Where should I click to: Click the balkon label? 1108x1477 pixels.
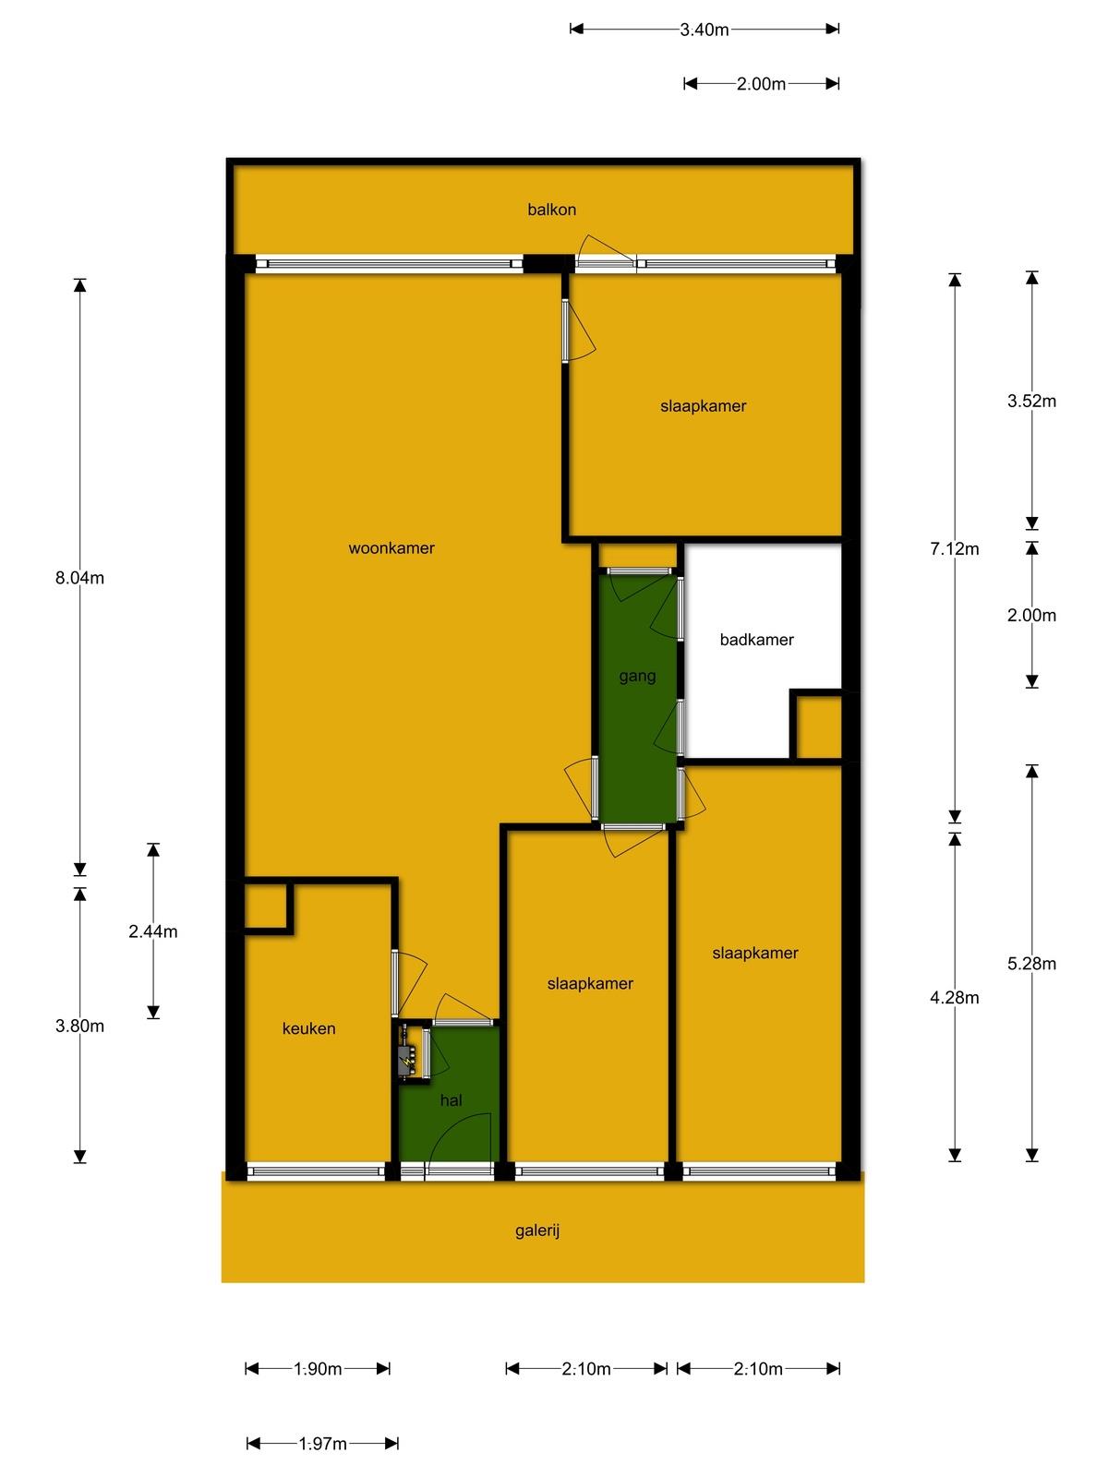[x=551, y=210]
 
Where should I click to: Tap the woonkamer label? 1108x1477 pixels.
[x=391, y=547]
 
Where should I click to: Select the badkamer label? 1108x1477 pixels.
[x=756, y=639]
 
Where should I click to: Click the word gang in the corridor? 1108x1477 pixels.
[x=637, y=677]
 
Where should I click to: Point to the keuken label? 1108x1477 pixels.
[x=308, y=1028]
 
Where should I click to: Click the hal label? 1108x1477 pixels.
[x=451, y=1100]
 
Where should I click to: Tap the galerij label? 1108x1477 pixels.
[x=537, y=1231]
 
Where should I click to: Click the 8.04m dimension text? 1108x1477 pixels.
[x=79, y=577]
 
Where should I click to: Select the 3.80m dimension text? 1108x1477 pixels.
[x=79, y=1027]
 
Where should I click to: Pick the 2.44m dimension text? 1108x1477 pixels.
[x=152, y=931]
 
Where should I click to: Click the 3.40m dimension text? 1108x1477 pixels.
[x=705, y=30]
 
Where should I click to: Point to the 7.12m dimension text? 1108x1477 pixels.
[x=954, y=548]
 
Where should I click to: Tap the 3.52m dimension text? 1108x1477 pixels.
[x=1031, y=401]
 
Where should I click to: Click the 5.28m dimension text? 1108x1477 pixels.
[x=1031, y=964]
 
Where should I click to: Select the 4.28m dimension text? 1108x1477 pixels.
[x=954, y=997]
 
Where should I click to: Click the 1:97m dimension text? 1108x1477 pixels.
[x=323, y=1444]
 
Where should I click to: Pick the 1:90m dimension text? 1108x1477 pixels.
[x=318, y=1369]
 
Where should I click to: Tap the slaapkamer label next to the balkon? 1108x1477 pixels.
[x=703, y=406]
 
